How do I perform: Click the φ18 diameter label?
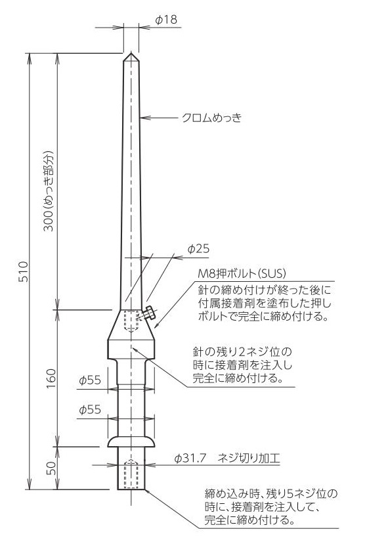coord(166,20)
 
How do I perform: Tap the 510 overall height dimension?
coord(23,271)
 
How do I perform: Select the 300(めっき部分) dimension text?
coord(49,191)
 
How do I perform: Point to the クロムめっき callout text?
coord(212,118)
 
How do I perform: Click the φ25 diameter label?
coord(198,248)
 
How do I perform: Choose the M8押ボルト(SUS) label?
coord(242,273)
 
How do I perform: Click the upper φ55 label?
coord(90,380)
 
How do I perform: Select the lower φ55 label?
coord(90,410)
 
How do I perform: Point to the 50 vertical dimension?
coord(51,468)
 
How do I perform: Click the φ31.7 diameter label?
coord(190,459)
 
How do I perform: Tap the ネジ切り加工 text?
coord(249,459)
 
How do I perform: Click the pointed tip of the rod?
coord(131,53)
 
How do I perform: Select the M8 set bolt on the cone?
coord(149,313)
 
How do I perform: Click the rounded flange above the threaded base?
coord(131,442)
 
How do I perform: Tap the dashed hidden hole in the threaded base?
coord(131,474)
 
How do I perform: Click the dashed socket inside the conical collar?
coord(131,321)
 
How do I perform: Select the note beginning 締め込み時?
coord(270,507)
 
